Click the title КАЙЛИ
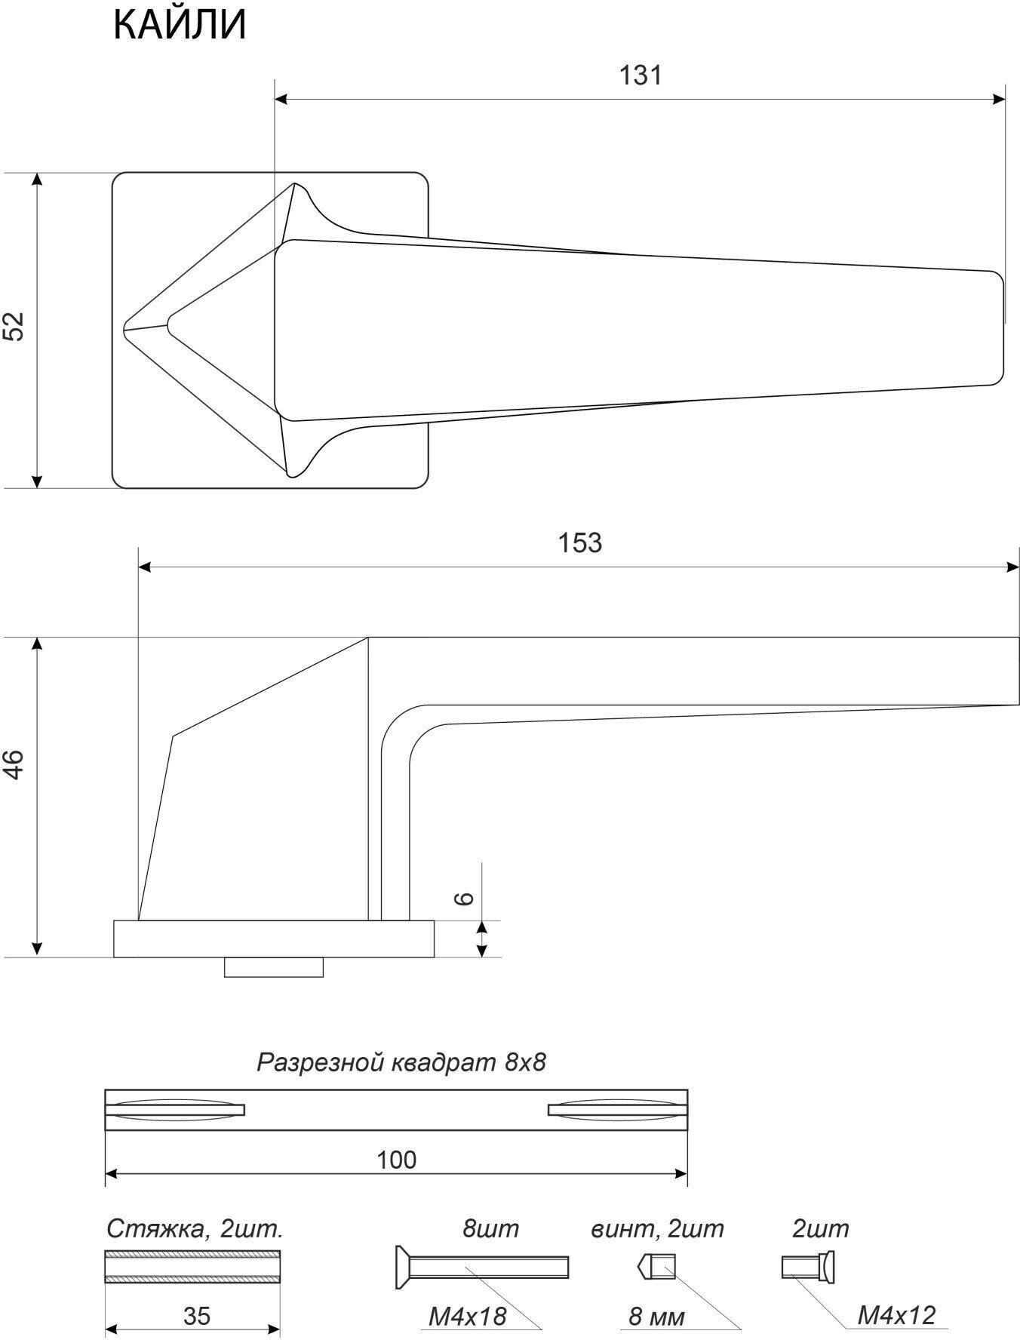click(180, 25)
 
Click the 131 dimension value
click(641, 75)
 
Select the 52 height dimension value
click(15, 326)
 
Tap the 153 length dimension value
click(580, 542)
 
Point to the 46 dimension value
click(15, 764)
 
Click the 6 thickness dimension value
click(465, 898)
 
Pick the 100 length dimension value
click(397, 1160)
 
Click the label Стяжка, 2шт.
click(195, 1230)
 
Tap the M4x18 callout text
click(467, 1317)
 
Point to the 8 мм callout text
click(656, 1317)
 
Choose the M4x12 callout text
click(896, 1316)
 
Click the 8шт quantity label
click(490, 1229)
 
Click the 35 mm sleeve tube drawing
click(192, 1267)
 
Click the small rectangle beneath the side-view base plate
click(274, 967)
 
